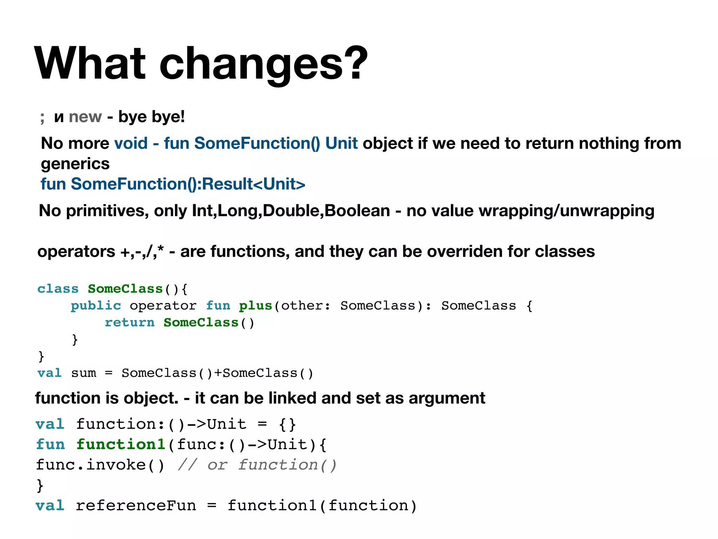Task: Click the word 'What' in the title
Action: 90,64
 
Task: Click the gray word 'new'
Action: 85,117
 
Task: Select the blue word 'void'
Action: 131,144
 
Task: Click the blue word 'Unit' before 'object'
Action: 341,144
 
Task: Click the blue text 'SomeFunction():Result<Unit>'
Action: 188,184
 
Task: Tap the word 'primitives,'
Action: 108,211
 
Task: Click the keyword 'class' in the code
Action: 58,289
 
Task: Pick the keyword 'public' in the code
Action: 96,306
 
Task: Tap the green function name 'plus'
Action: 255,306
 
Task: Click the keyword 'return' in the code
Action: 129,322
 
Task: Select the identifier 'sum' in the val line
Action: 83,373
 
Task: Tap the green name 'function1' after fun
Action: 121,445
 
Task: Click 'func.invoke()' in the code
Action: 100,465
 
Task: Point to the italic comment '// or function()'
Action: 257,465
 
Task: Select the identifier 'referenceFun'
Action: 136,506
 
